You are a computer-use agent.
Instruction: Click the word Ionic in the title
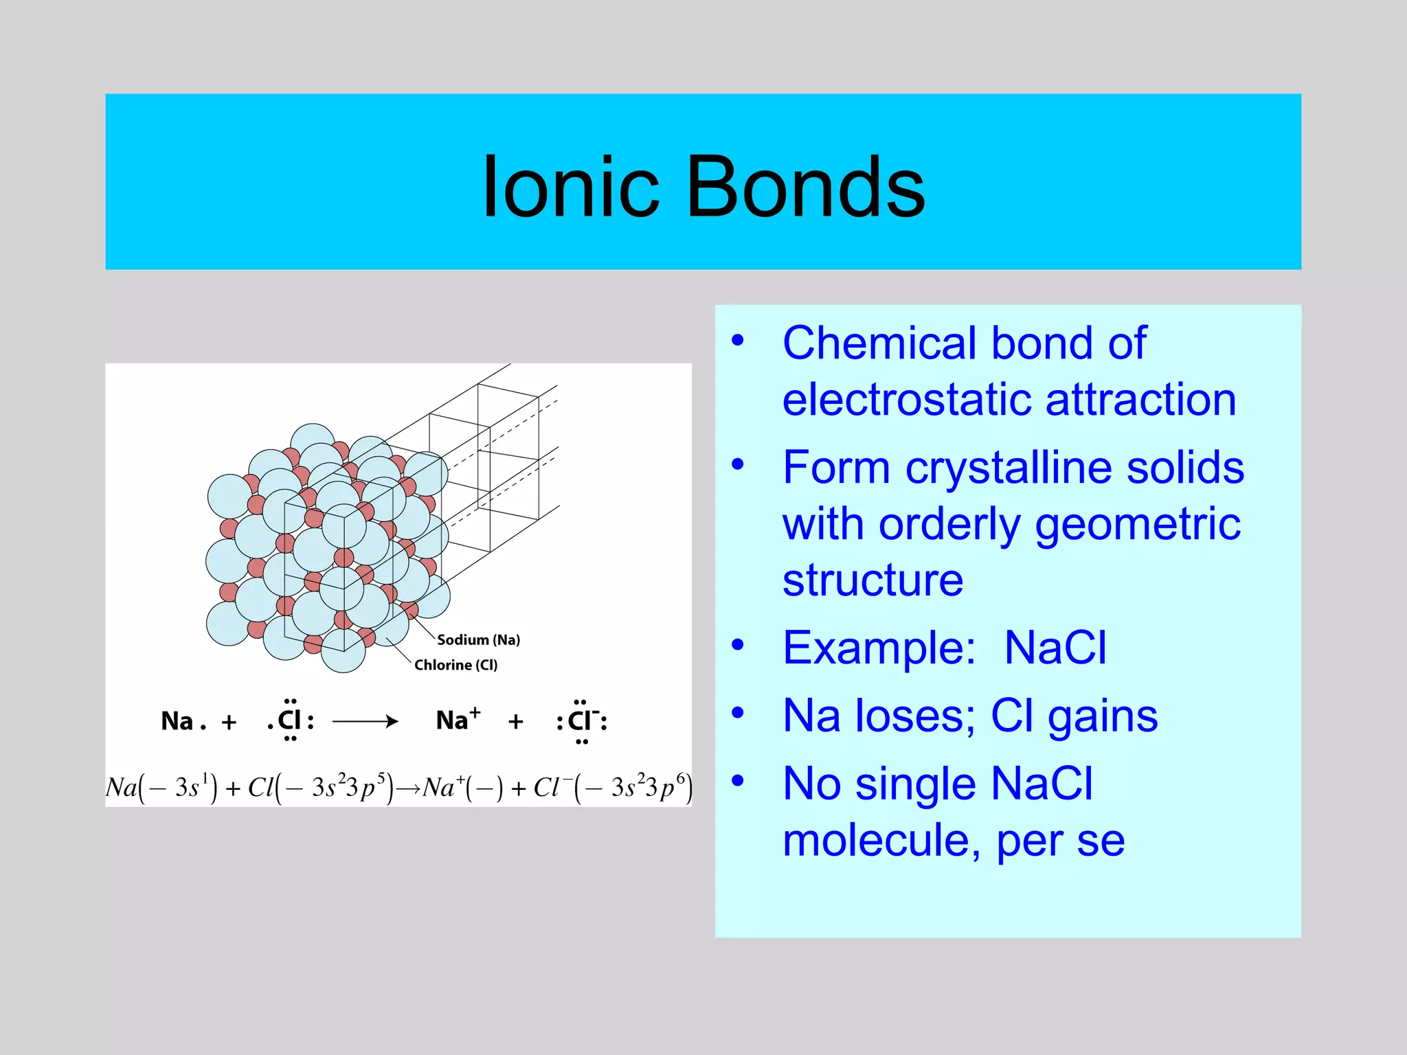[x=570, y=187]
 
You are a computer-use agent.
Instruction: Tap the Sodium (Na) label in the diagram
[x=478, y=639]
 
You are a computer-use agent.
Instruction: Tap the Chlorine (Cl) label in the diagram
[x=455, y=665]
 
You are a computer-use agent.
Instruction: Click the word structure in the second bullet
[x=873, y=580]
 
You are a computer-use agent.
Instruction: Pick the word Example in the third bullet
[x=878, y=648]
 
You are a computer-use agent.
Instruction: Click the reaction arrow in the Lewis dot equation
[x=365, y=721]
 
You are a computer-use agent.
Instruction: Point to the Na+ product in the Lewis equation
[x=458, y=720]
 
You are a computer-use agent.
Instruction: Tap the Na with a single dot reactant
[x=182, y=721]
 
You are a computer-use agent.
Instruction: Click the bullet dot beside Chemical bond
[x=738, y=341]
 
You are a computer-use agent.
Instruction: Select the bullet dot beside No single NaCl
[x=738, y=780]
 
